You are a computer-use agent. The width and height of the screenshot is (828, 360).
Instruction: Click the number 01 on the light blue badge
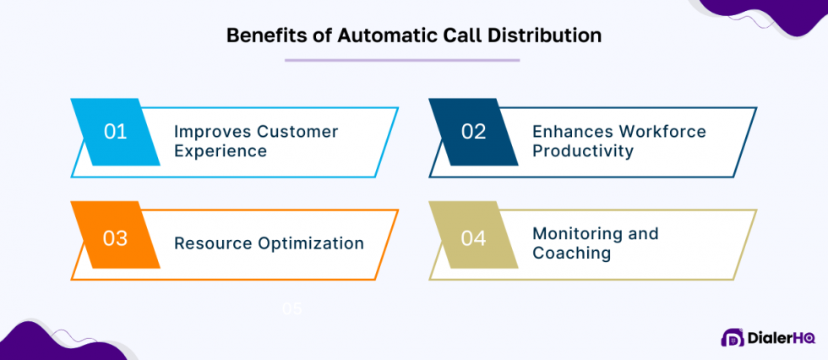(x=115, y=132)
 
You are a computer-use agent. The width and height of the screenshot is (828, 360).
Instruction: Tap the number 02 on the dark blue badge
(x=473, y=132)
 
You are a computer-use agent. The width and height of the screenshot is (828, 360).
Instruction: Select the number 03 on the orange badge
(x=115, y=239)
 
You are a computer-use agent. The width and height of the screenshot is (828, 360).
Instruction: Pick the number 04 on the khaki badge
(x=473, y=239)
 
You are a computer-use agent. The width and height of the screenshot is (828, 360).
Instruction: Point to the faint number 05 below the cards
(x=291, y=308)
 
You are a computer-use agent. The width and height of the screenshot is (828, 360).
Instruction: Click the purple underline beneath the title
(x=402, y=60)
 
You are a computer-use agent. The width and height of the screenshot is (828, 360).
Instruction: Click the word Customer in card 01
(x=297, y=132)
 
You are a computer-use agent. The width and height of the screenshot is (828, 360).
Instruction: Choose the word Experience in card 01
(x=221, y=151)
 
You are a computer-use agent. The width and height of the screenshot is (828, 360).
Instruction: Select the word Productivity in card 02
(x=583, y=151)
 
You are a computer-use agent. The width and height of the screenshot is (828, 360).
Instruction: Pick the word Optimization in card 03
(x=310, y=243)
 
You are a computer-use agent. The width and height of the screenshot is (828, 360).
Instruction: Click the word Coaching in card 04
(x=571, y=253)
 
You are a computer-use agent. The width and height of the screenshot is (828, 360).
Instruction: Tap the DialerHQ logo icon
(x=733, y=338)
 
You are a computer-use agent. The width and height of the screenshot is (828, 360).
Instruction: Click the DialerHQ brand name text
(x=782, y=338)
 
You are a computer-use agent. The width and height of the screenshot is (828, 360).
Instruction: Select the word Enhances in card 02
(x=571, y=132)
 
